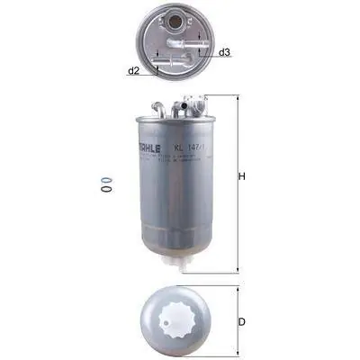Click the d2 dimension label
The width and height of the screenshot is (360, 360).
132,70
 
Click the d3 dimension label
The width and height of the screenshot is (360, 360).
225,52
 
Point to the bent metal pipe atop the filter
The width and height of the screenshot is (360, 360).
160,103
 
